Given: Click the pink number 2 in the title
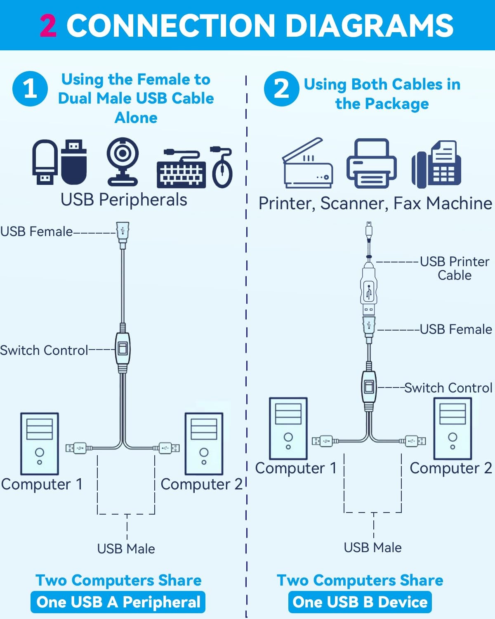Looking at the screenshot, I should (48, 26).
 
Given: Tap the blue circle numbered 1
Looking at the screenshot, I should (30, 88).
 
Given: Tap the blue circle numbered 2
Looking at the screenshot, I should (282, 88).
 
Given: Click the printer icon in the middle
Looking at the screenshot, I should (371, 163).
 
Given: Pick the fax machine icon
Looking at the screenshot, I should (436, 164).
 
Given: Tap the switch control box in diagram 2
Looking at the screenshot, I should (369, 387).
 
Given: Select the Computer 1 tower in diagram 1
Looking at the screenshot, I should (40, 444).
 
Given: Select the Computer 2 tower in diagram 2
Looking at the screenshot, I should (453, 428).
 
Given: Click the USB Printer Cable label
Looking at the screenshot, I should (454, 268).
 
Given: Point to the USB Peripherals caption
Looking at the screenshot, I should (124, 200).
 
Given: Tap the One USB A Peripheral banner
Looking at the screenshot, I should (118, 602).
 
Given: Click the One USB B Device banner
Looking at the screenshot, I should (360, 602).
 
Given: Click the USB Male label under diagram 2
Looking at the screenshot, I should (372, 548).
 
